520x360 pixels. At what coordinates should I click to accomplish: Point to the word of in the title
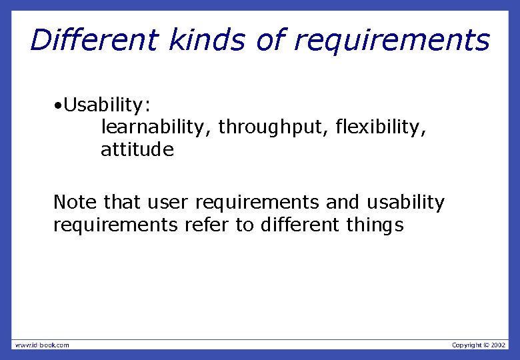click(x=271, y=40)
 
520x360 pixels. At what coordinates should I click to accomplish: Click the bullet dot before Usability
click(x=59, y=105)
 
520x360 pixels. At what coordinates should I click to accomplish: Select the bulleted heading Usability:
click(x=107, y=105)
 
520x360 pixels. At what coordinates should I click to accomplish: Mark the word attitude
click(x=137, y=150)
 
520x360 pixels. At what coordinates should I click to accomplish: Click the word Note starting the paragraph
click(x=75, y=202)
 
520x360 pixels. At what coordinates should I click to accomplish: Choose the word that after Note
click(x=122, y=202)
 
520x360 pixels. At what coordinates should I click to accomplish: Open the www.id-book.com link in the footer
click(x=41, y=345)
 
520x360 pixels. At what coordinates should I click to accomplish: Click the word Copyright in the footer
click(x=466, y=345)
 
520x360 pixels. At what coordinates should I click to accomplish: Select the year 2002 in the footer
click(x=499, y=345)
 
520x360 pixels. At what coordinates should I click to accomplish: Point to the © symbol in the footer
click(x=485, y=345)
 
